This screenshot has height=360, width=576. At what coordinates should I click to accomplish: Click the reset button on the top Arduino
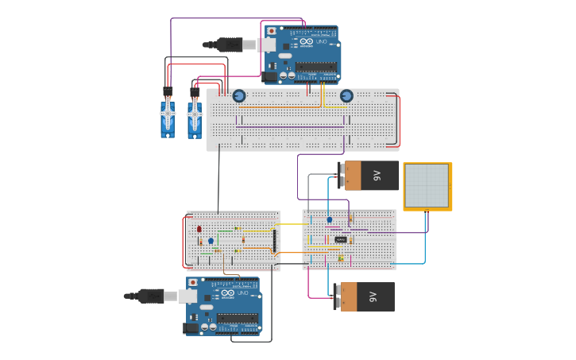272,31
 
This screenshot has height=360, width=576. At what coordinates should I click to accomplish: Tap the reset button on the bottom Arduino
192,282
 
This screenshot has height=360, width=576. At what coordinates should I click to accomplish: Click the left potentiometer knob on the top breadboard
239,96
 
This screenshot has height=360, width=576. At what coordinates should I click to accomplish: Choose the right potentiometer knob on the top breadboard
346,96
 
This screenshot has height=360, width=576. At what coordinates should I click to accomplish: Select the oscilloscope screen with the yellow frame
427,186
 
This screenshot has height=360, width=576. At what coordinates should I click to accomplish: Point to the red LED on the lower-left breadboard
199,229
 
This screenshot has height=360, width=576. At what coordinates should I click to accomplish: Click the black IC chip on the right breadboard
341,239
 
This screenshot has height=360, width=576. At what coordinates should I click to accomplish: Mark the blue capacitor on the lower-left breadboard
211,240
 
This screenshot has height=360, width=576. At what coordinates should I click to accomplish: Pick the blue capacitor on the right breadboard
330,219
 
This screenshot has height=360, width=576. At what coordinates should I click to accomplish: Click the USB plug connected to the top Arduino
231,45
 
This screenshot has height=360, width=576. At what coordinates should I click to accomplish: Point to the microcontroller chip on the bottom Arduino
238,318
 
